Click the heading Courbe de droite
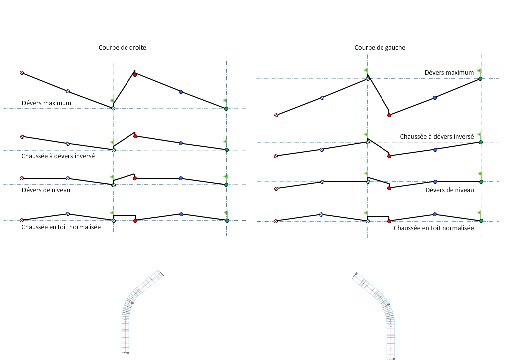pos(122,47)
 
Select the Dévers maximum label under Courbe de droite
pos(46,103)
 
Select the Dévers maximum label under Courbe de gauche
pos(449,72)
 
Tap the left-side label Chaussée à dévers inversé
pos(58,156)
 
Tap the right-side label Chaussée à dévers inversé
pos(437,136)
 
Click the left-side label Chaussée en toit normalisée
pos(61,227)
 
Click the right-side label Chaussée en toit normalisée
pos(434,228)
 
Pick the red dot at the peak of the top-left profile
pos(135,74)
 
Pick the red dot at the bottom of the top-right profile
pos(389,115)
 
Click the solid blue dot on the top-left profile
pos(181,92)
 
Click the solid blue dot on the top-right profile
pos(435,98)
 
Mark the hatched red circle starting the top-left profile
pos(22,73)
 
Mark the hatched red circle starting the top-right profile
pos(276,115)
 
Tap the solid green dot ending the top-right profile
pos(480,79)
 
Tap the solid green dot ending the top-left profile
pos(226,108)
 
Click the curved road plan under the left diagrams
pos(134,309)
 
